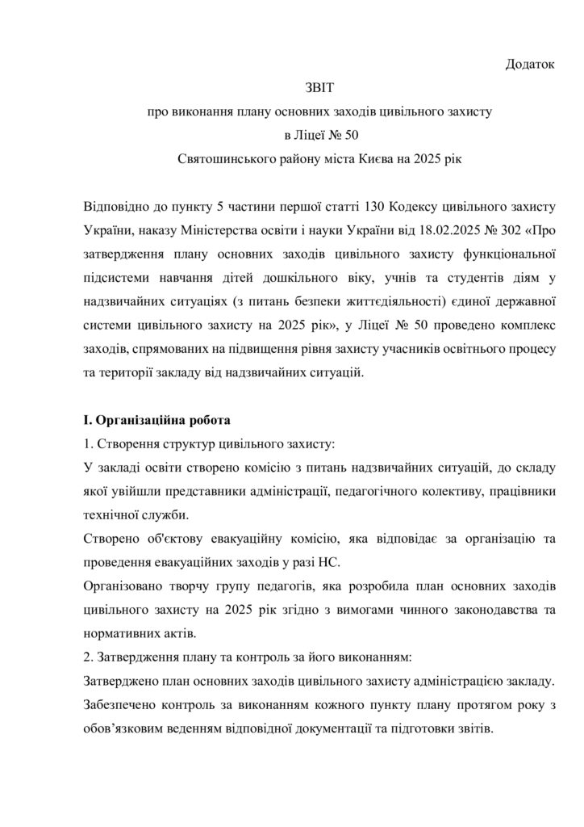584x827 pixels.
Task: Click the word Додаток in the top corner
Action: click(x=530, y=63)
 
